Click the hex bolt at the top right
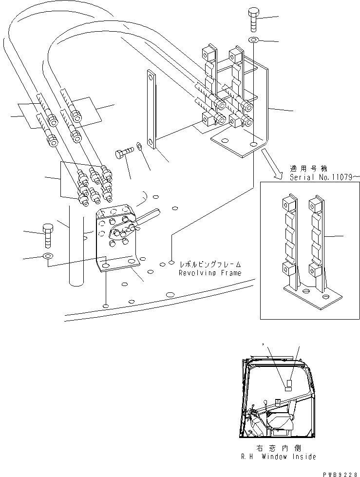click(x=255, y=19)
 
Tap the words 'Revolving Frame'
click(x=210, y=273)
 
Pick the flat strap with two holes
click(x=150, y=108)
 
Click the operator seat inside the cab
click(x=282, y=419)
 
